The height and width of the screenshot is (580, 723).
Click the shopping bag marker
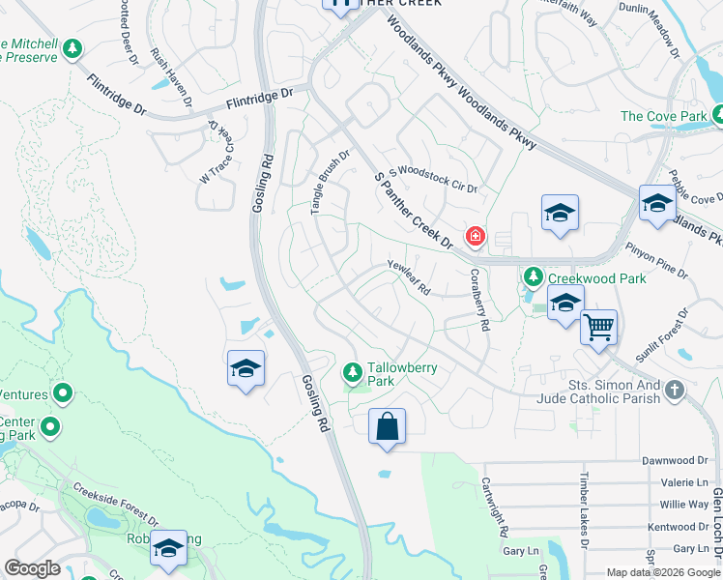(387, 426)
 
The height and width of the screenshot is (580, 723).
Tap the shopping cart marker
(598, 328)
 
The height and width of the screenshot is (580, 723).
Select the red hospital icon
(475, 236)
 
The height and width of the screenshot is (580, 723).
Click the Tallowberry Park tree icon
(353, 371)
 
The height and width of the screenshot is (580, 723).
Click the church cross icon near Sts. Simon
(675, 389)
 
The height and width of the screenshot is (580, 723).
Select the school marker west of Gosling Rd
(246, 368)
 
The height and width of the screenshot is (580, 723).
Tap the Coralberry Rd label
(477, 301)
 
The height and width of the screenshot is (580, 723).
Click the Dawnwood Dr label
(676, 461)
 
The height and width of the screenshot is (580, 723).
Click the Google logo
(32, 568)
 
